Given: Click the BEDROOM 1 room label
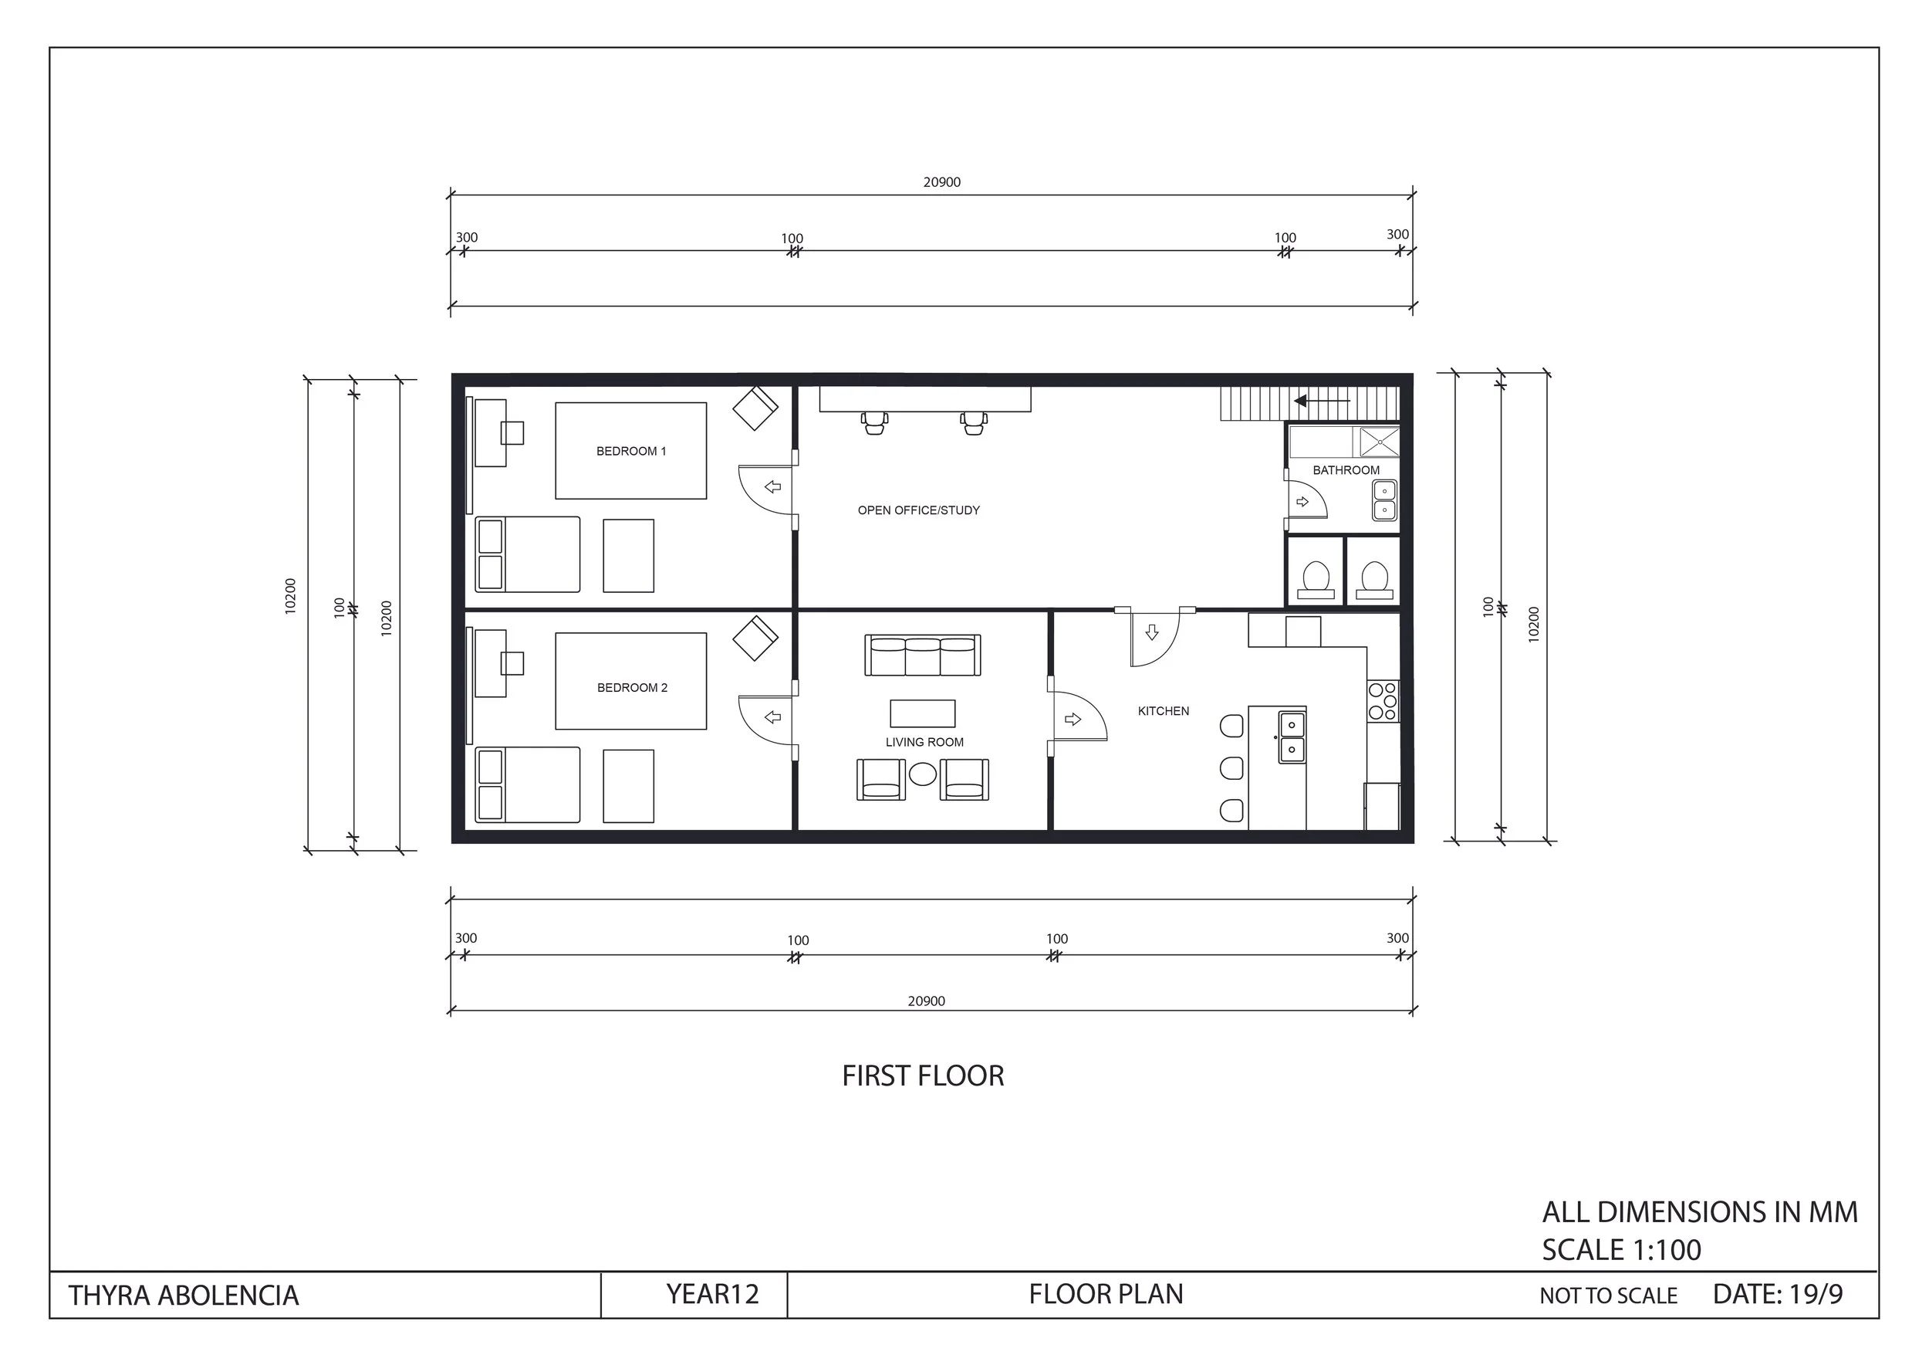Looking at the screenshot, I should pyautogui.click(x=631, y=452).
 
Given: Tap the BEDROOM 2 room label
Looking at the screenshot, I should pyautogui.click(x=632, y=688).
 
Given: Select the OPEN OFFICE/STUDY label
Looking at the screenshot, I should pyautogui.click(x=918, y=510).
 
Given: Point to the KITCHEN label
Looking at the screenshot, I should pyautogui.click(x=1163, y=711).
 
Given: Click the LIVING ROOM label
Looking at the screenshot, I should pyautogui.click(x=924, y=742).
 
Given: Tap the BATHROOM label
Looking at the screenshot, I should pyautogui.click(x=1346, y=470).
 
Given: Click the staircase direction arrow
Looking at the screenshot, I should pyautogui.click(x=1321, y=401).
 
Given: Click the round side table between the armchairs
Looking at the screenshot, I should pyautogui.click(x=923, y=774).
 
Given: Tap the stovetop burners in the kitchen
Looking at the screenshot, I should pyautogui.click(x=1382, y=701).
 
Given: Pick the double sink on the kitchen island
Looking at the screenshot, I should pyautogui.click(x=1292, y=737).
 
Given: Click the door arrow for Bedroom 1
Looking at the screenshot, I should pyautogui.click(x=773, y=486).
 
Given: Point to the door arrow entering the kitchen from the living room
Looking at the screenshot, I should pyautogui.click(x=1073, y=719).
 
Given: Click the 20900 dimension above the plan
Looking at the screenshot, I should pyautogui.click(x=942, y=182).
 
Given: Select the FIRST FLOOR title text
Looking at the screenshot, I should pyautogui.click(x=923, y=1075).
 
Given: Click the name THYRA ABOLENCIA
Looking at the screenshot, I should pyautogui.click(x=183, y=1296).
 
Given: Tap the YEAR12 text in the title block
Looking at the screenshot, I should pyautogui.click(x=712, y=1293).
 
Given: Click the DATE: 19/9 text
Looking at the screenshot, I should pyautogui.click(x=1778, y=1293).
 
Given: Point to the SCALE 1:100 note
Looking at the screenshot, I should pyautogui.click(x=1620, y=1250).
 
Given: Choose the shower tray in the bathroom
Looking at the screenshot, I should pyautogui.click(x=1380, y=442).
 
